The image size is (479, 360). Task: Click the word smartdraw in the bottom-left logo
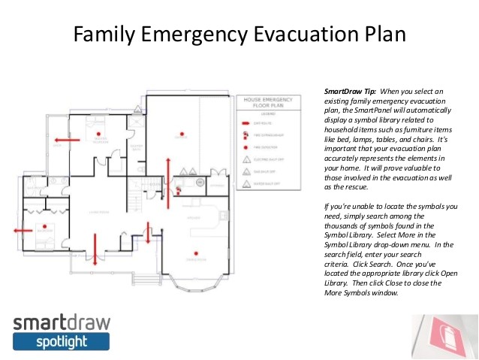click(x=61, y=323)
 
